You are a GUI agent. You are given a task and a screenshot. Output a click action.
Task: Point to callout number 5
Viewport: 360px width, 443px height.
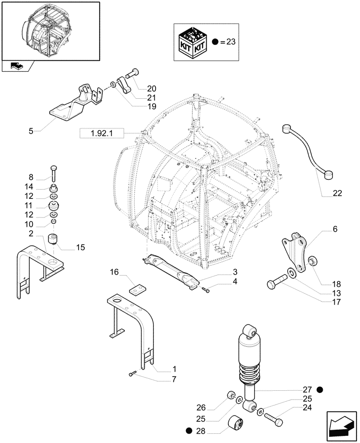click(x=30, y=131)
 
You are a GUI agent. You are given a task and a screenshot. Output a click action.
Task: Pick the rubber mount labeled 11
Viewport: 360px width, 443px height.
click(x=54, y=206)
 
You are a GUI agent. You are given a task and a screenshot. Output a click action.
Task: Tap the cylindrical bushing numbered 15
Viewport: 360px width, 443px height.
click(x=53, y=240)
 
